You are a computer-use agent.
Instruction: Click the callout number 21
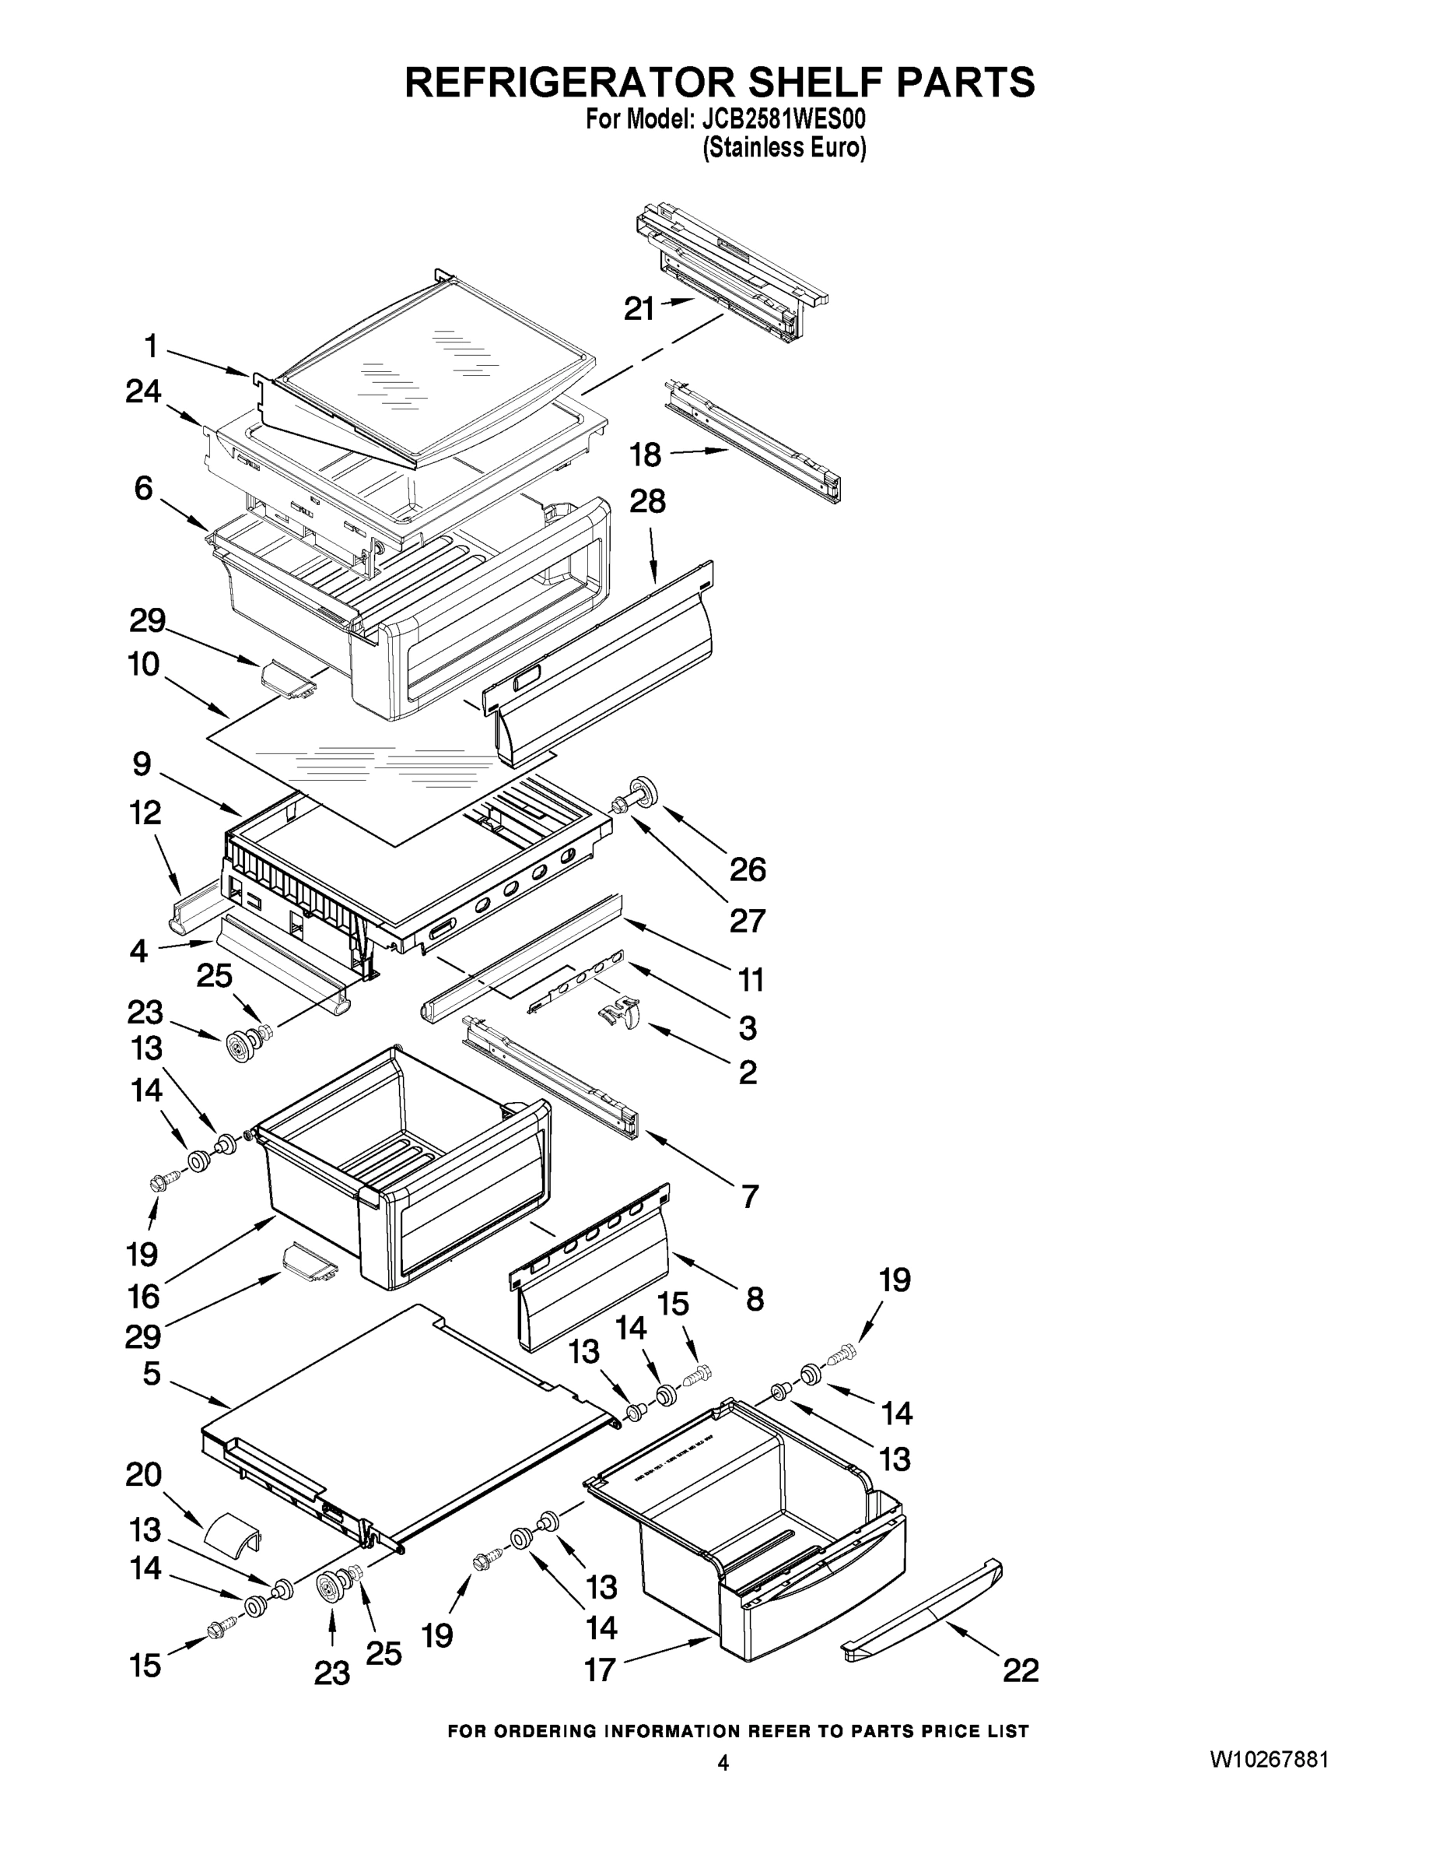pyautogui.click(x=639, y=309)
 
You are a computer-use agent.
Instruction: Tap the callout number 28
pyautogui.click(x=647, y=501)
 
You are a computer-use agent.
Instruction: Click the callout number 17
pyautogui.click(x=599, y=1669)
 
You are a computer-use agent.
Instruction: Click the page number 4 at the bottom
pyautogui.click(x=723, y=1763)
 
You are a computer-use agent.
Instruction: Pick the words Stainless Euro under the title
pyautogui.click(x=784, y=148)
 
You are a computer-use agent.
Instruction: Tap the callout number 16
pyautogui.click(x=143, y=1297)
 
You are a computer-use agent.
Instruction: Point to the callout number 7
pyautogui.click(x=750, y=1196)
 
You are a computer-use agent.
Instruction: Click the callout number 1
pyautogui.click(x=150, y=346)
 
